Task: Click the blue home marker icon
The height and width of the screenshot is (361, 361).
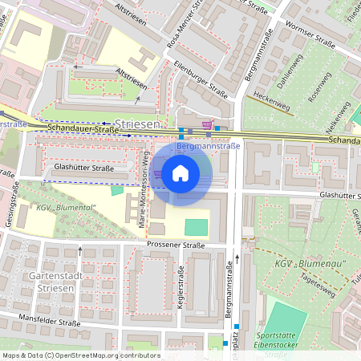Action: pos(180,172)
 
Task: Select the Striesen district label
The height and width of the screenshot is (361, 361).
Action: pos(138,124)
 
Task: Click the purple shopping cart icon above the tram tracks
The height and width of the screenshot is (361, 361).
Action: pos(207,124)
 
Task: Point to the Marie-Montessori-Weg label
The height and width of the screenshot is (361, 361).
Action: pos(146,193)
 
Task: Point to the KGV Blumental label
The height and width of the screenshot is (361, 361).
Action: pos(66,208)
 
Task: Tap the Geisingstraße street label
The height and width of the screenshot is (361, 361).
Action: pos(10,229)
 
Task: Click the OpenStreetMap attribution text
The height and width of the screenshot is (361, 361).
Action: pos(80,355)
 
